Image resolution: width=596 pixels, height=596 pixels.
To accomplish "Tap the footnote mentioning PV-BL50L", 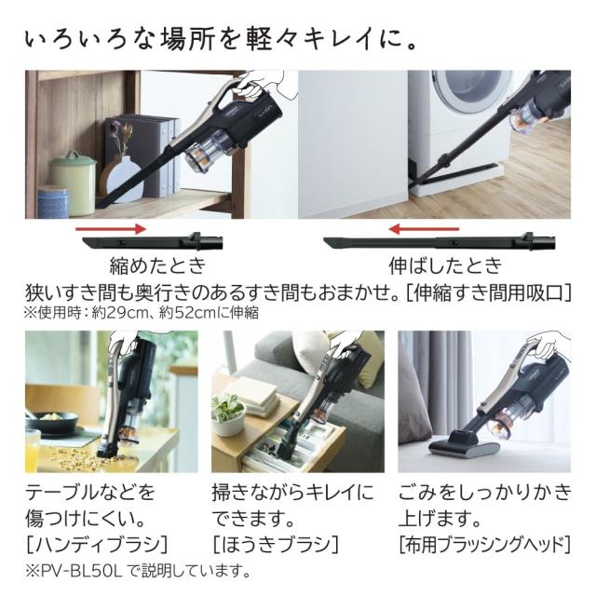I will click(x=139, y=570).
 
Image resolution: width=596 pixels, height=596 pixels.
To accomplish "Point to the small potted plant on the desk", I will click(x=227, y=411).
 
